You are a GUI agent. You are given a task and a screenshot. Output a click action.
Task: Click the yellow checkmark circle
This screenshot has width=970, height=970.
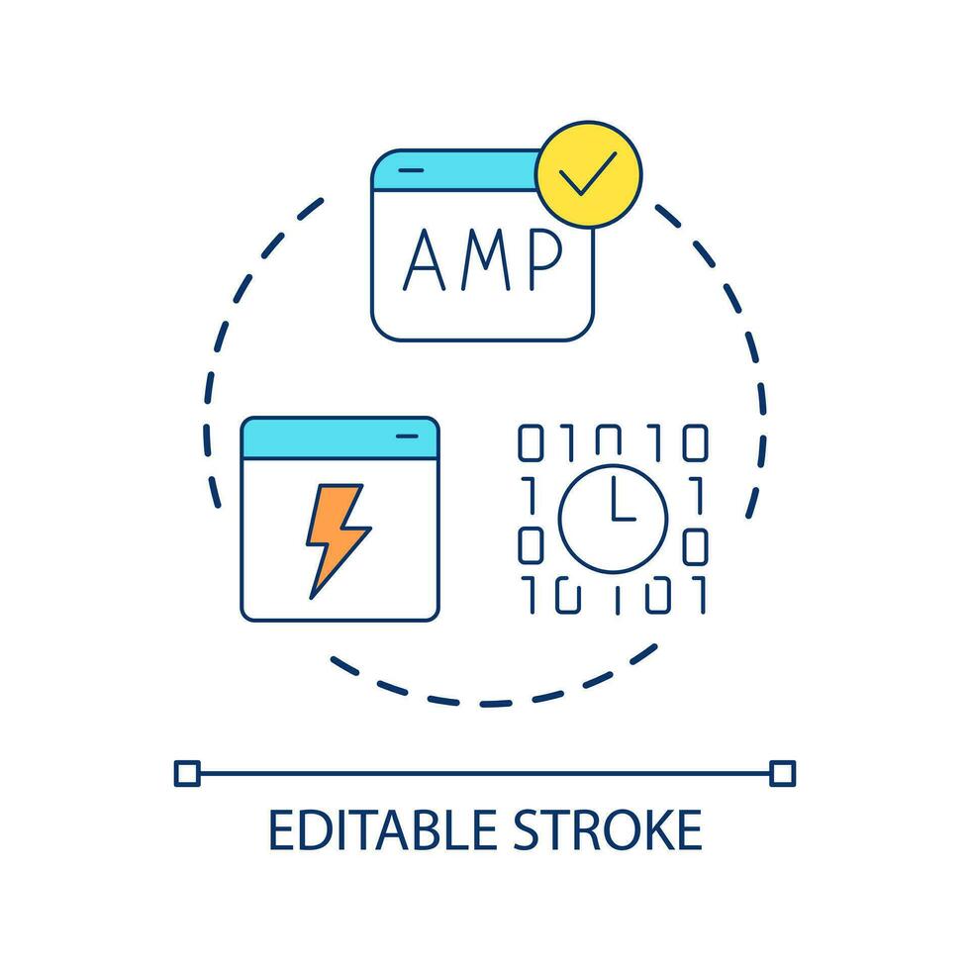click(x=588, y=174)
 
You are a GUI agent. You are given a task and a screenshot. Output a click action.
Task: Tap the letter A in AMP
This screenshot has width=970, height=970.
click(x=425, y=259)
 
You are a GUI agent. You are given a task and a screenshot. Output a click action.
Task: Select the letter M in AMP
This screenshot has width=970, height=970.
click(x=486, y=259)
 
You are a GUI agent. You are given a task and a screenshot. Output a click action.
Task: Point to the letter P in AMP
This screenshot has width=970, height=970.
click(x=546, y=259)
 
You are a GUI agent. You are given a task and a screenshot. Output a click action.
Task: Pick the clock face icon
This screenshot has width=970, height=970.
click(x=613, y=519)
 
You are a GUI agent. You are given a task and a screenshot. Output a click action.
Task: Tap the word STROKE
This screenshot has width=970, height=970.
click(x=608, y=829)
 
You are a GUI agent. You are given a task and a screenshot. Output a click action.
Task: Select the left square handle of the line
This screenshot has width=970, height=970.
click(x=187, y=773)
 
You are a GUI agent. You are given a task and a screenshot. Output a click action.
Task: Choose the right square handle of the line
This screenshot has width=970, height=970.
click(x=782, y=773)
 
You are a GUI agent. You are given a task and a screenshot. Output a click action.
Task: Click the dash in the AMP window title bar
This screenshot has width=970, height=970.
click(x=411, y=170)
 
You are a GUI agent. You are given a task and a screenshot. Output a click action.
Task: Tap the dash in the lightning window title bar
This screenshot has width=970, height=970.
click(x=407, y=436)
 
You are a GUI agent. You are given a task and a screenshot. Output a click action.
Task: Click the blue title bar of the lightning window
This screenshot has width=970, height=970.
click(x=339, y=438)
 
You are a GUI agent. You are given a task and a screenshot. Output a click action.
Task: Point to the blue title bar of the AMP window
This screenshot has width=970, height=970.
click(x=454, y=170)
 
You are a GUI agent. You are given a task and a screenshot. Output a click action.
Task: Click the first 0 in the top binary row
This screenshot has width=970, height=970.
click(x=531, y=443)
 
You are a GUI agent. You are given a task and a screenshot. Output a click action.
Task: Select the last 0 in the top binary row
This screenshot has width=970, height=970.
click(x=695, y=443)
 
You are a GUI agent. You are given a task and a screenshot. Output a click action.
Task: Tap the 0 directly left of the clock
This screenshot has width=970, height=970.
click(x=531, y=545)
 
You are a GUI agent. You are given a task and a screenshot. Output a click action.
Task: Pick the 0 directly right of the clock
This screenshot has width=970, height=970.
click(x=695, y=545)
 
